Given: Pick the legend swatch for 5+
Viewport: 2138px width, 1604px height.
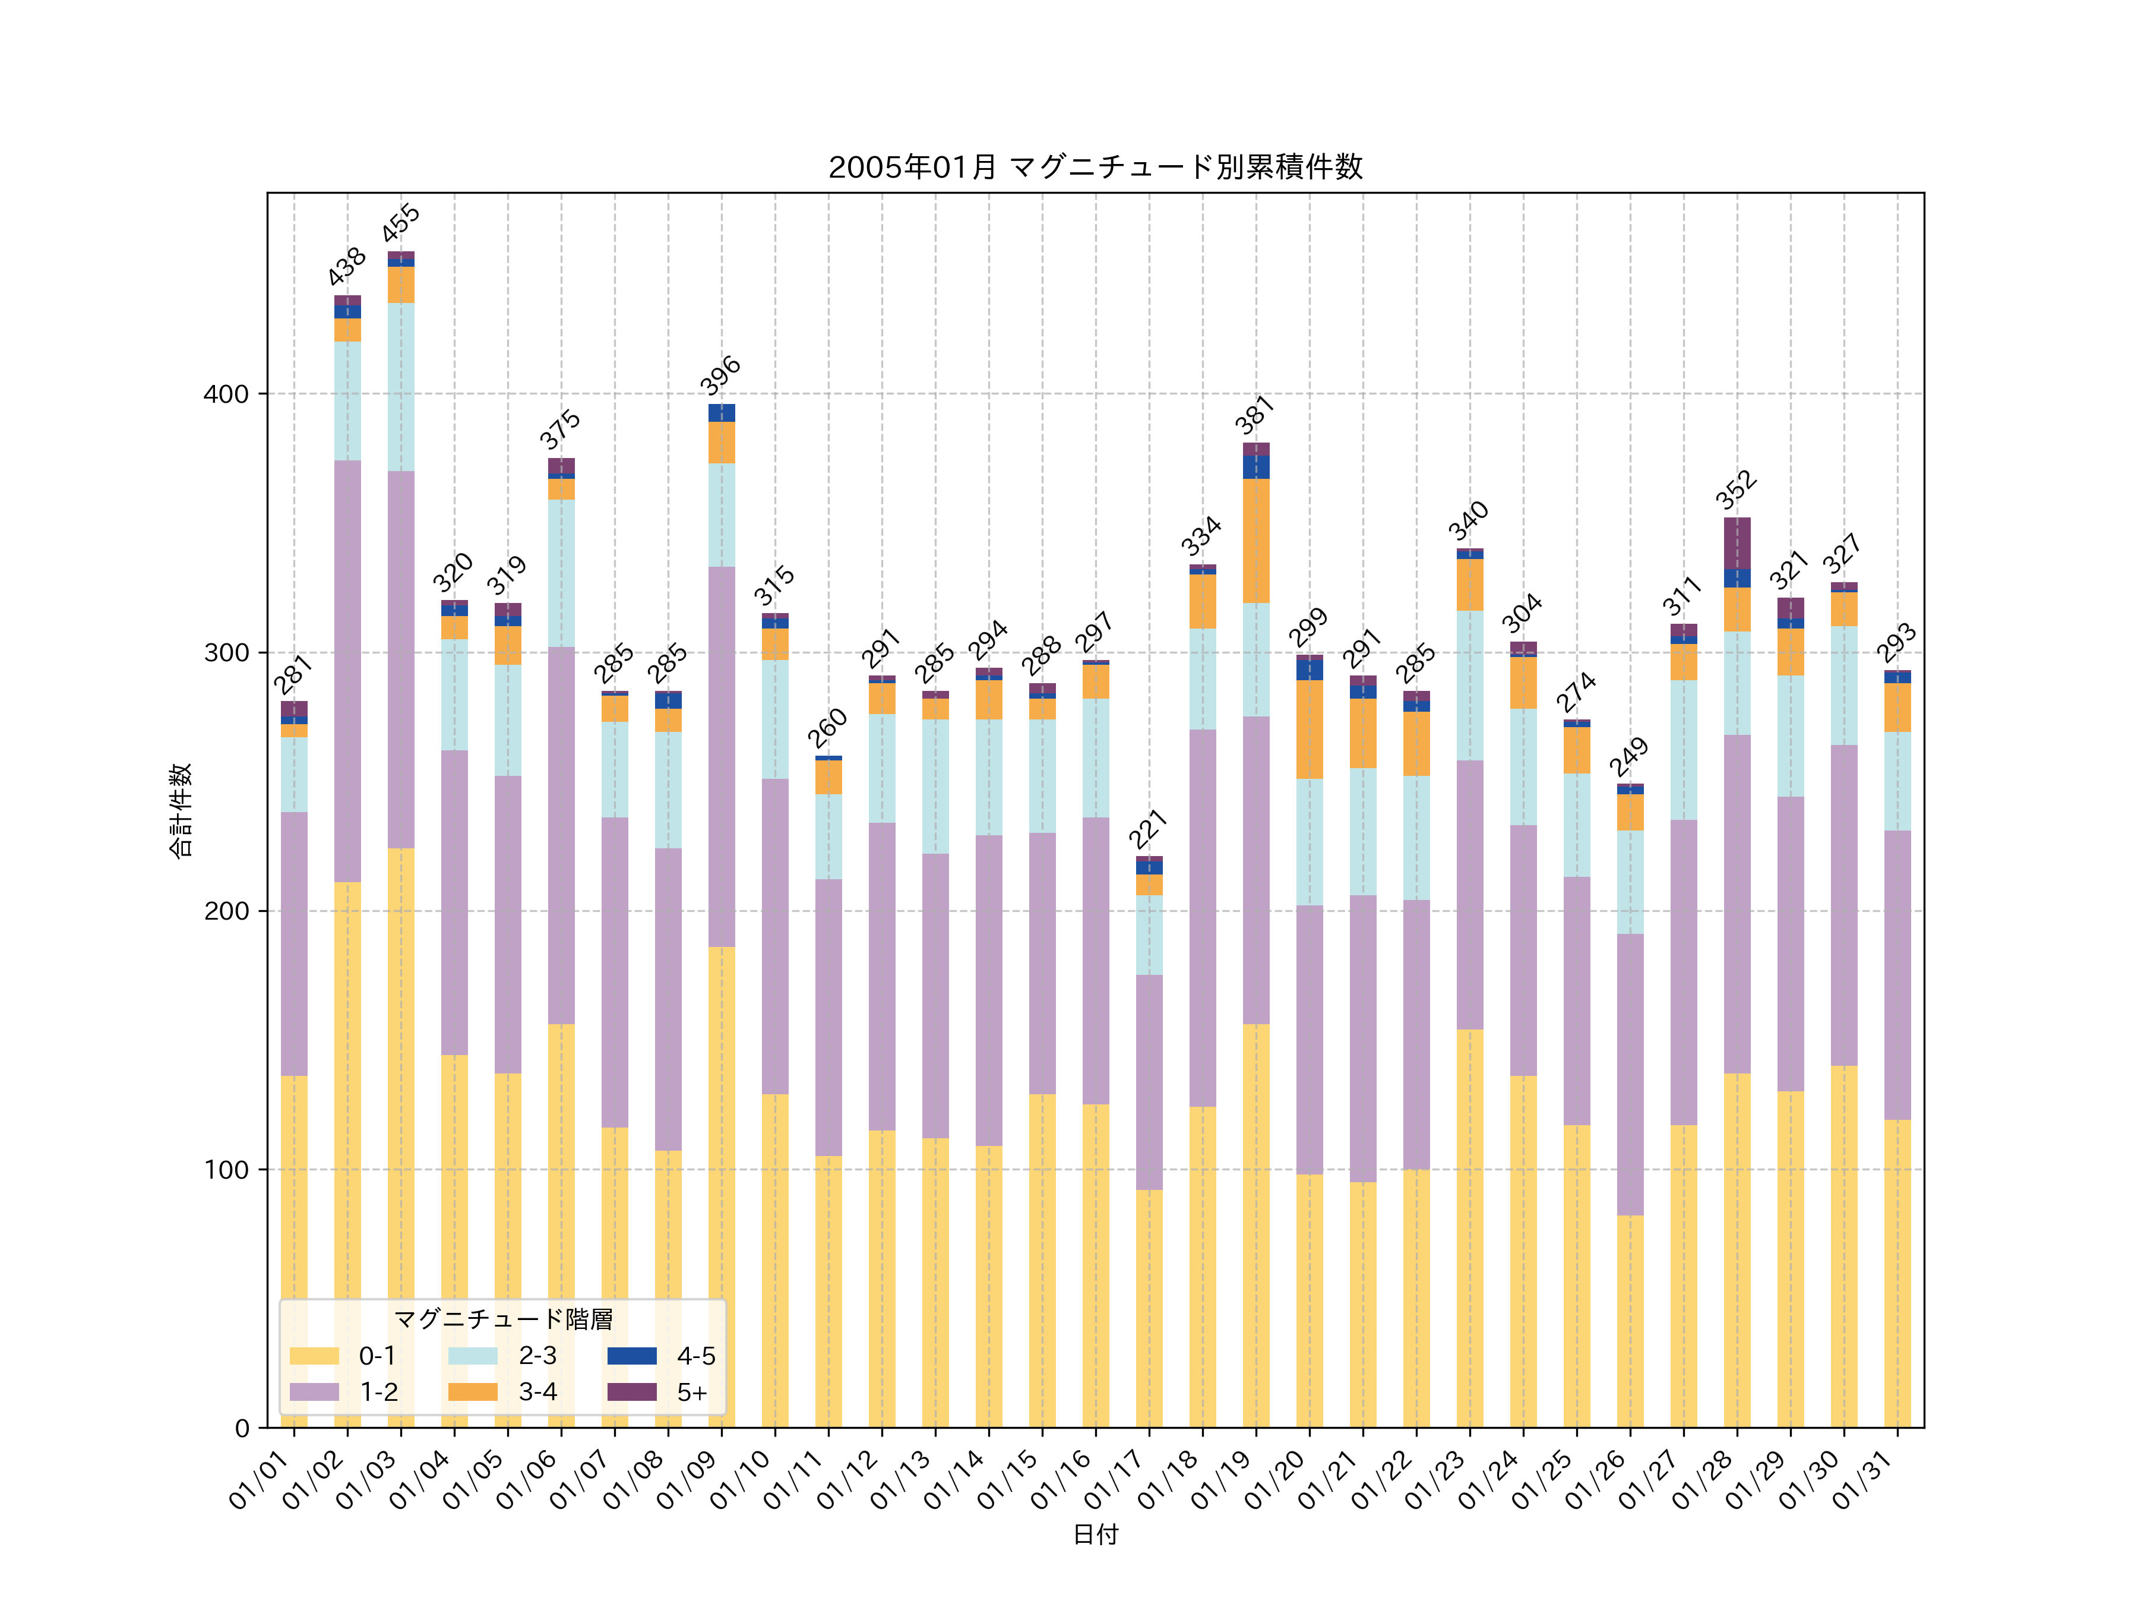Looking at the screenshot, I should click(631, 1393).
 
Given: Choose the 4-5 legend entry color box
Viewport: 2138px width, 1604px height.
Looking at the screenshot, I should click(631, 1356).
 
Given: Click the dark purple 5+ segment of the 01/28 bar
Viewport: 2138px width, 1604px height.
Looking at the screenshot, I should click(1737, 544).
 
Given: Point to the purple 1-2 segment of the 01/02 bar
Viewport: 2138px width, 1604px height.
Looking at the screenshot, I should click(348, 671).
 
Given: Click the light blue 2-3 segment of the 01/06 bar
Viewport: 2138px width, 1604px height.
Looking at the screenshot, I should click(562, 573).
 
